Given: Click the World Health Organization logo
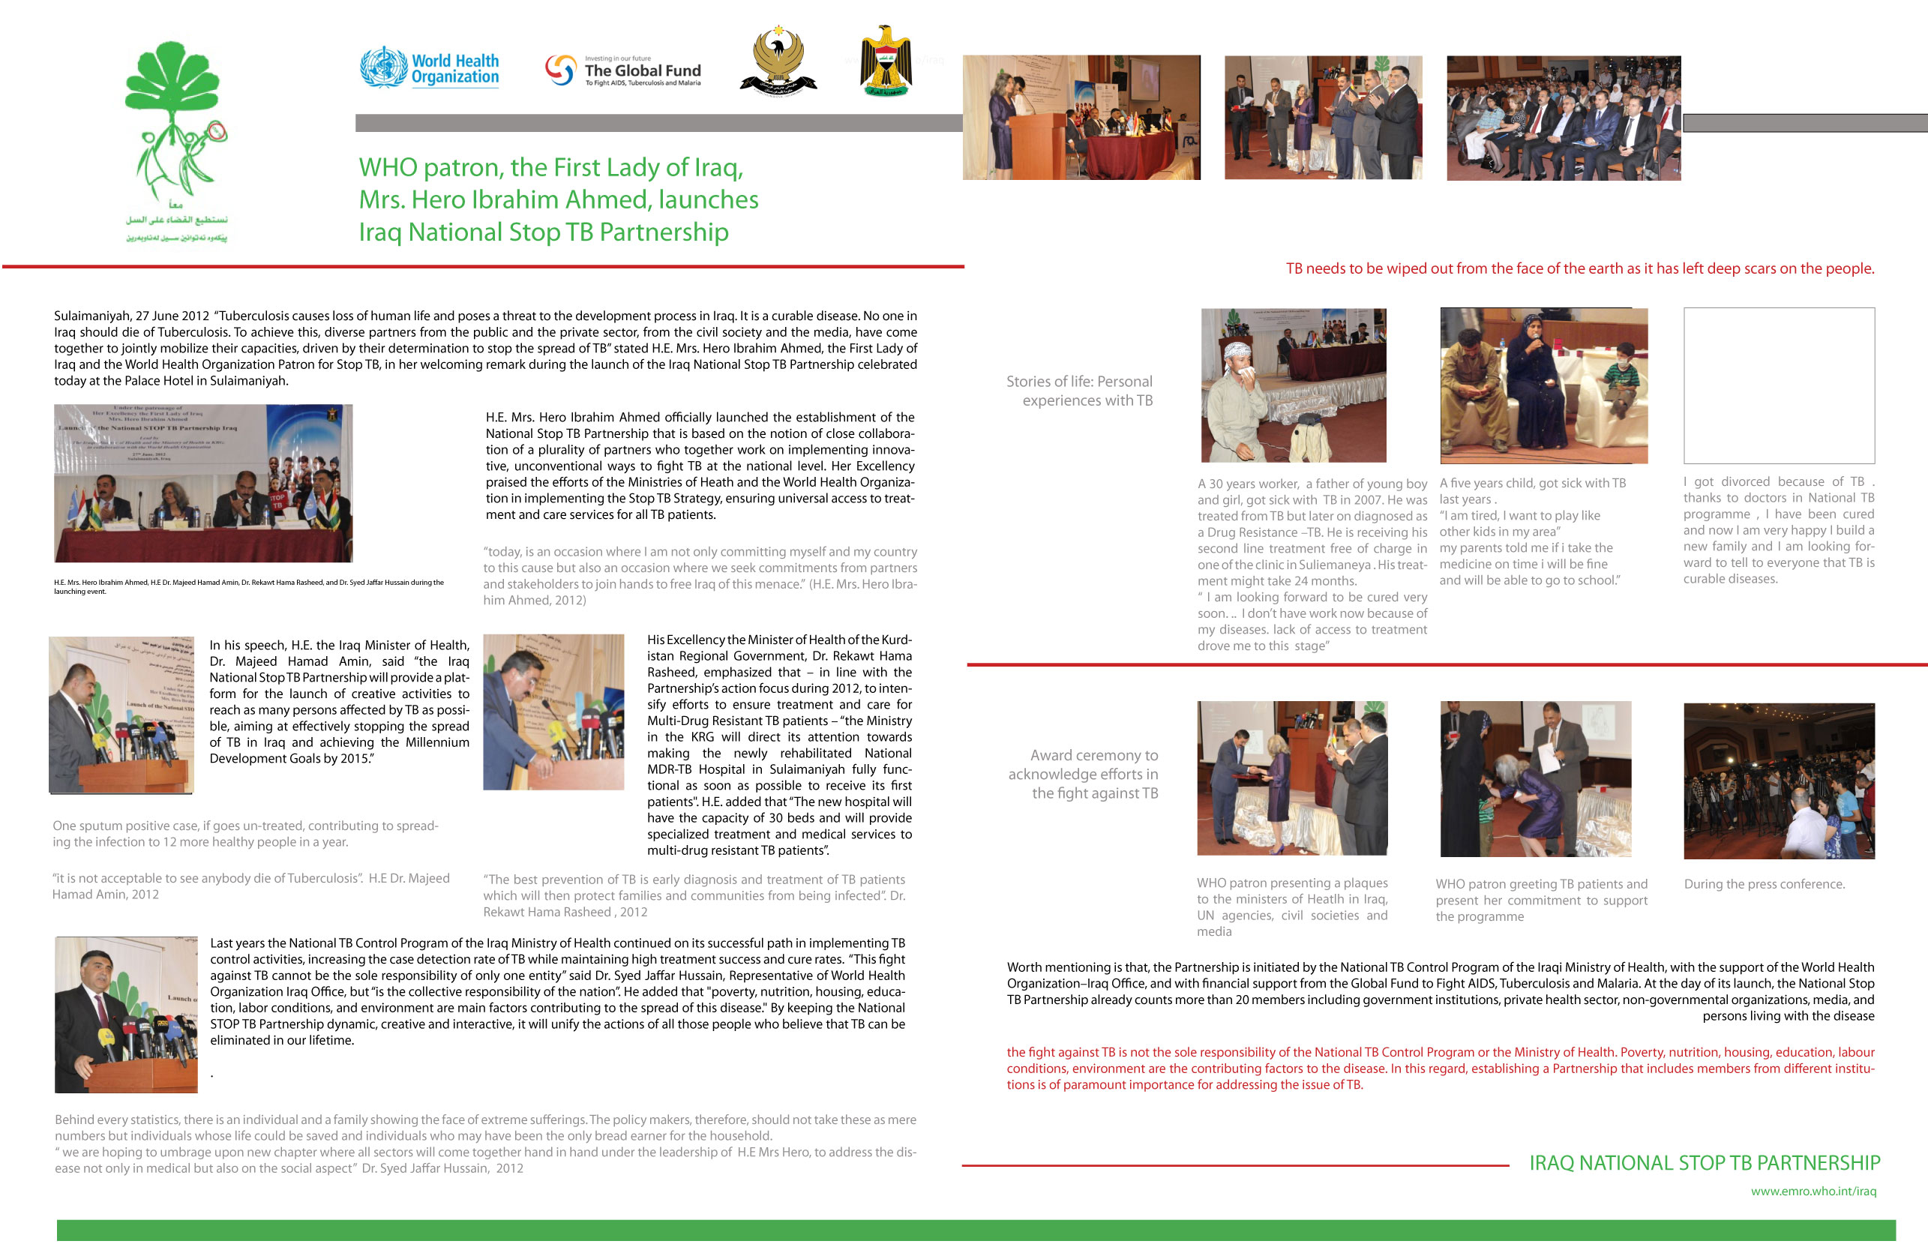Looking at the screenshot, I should click(x=430, y=68).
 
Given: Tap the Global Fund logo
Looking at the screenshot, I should click(x=622, y=70).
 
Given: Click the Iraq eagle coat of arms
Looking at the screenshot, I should click(x=886, y=61).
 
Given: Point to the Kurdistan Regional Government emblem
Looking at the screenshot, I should click(x=778, y=61).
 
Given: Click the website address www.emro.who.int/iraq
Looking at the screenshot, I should click(x=1813, y=1191).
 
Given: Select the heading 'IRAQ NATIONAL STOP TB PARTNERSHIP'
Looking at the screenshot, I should click(x=1704, y=1163).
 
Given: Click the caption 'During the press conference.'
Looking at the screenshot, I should click(x=1764, y=883).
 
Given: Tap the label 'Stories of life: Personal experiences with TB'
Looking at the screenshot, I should click(x=1080, y=391).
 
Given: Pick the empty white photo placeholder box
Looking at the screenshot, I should click(x=1778, y=385).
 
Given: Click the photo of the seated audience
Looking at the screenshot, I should click(x=1563, y=118).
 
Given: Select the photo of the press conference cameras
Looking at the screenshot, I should click(x=1778, y=781).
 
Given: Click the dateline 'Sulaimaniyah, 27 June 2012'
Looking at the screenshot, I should click(x=131, y=316).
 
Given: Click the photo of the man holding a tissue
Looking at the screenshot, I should click(x=1293, y=385).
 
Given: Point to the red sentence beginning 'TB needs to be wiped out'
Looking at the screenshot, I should click(x=1579, y=269).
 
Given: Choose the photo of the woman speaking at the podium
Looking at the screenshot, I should click(x=1081, y=118).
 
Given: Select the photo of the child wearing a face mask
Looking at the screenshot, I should click(x=1543, y=385).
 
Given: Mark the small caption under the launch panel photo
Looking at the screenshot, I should click(x=249, y=586).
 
